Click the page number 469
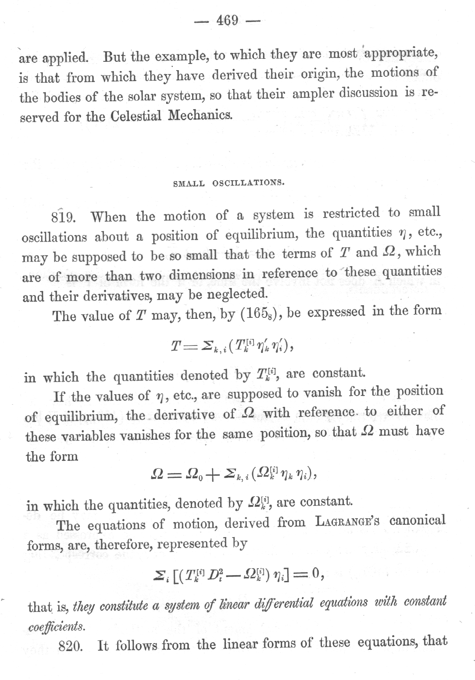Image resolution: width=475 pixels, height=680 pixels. click(227, 21)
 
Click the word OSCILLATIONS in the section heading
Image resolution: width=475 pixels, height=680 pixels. click(249, 183)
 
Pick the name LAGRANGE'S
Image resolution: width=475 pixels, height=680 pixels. click(347, 522)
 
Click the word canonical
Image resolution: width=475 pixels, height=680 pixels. click(417, 520)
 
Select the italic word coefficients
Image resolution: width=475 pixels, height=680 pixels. click(57, 627)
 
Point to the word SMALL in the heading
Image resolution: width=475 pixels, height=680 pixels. click(189, 184)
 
